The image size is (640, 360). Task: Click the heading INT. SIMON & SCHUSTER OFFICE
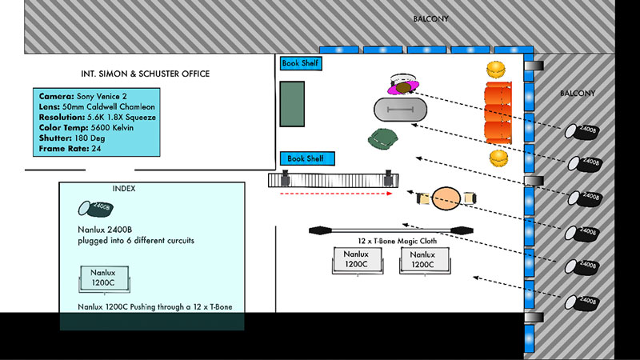tap(146, 74)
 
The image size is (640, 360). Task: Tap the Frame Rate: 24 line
tap(72, 148)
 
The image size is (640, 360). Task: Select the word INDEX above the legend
tap(124, 189)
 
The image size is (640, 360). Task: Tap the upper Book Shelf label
tap(301, 62)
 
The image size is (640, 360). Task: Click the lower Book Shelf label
tap(306, 158)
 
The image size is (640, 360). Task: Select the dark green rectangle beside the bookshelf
tap(291, 103)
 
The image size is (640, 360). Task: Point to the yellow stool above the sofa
tap(498, 68)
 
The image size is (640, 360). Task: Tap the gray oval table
tap(400, 109)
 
